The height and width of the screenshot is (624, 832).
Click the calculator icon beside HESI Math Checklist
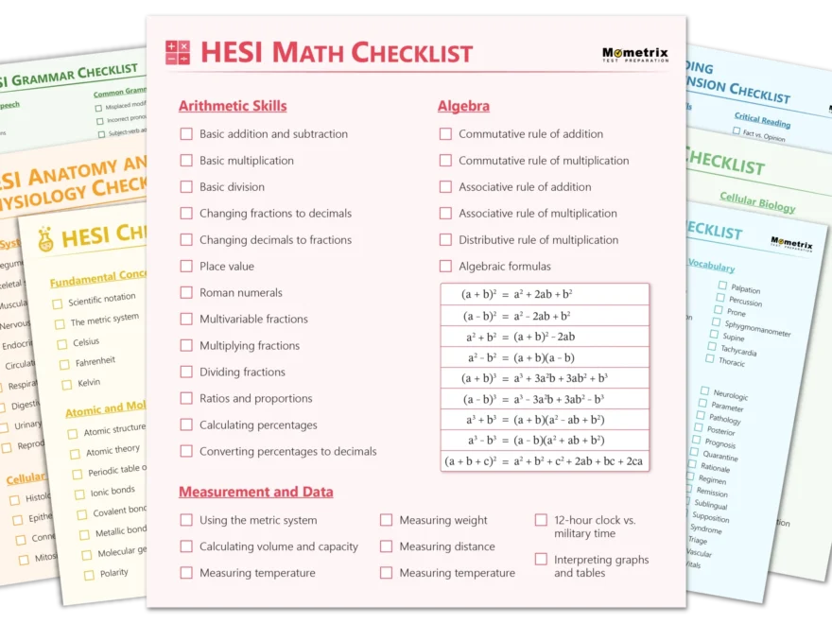178,53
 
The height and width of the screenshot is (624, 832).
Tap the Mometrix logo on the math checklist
634,55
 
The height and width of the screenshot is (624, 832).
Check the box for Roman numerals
186,293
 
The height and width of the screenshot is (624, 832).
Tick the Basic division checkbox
186,187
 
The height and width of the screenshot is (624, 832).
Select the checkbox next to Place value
186,267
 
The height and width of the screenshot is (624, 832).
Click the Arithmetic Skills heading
233,106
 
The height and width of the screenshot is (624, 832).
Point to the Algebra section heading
463,106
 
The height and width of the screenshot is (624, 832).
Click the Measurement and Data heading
255,492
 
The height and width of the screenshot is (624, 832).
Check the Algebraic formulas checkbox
445,267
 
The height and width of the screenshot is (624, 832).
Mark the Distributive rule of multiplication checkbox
445,240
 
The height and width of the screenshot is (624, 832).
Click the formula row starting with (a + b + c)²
545,461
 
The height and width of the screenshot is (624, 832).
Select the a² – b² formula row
545,358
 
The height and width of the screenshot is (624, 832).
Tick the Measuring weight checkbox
386,520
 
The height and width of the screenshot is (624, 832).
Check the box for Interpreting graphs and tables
541,560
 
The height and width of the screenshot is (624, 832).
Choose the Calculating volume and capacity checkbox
186,546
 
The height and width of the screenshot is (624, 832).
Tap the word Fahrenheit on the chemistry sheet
95,361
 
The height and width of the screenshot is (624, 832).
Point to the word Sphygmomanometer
757,327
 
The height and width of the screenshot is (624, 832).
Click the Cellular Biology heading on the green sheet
757,200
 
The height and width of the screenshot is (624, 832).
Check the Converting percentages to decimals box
186,452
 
